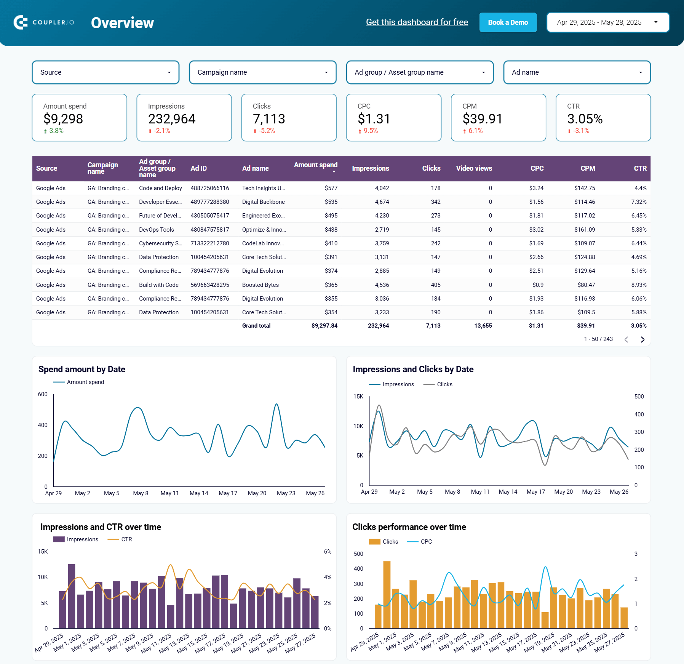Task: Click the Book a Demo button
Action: click(x=508, y=22)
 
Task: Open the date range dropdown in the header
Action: click(x=607, y=22)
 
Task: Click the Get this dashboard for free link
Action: click(x=417, y=22)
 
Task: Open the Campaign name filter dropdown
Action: click(x=262, y=72)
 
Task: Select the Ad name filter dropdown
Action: click(x=577, y=72)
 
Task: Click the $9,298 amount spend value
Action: click(x=63, y=119)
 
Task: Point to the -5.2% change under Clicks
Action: click(x=266, y=131)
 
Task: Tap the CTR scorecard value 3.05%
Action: click(x=585, y=119)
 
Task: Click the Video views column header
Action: click(x=474, y=168)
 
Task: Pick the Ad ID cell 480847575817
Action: click(x=210, y=230)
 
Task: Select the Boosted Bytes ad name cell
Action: click(x=260, y=285)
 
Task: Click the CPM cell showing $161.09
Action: click(x=585, y=230)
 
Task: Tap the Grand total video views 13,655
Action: click(x=483, y=326)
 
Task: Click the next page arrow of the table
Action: click(x=642, y=339)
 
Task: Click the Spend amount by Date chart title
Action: click(x=82, y=369)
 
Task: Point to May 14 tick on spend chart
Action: click(x=199, y=493)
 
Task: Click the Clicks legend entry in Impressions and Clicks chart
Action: click(x=444, y=384)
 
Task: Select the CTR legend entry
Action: click(x=126, y=539)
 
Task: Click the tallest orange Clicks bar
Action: click(x=387, y=594)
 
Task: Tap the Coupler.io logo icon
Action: click(x=21, y=22)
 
